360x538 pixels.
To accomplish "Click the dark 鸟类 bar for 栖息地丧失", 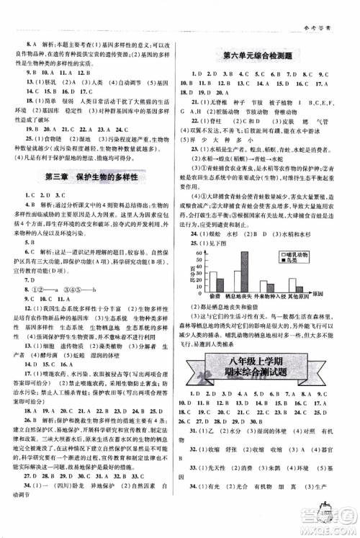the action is click(x=245, y=271).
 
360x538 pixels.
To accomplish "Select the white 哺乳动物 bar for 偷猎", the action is click(x=213, y=282).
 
